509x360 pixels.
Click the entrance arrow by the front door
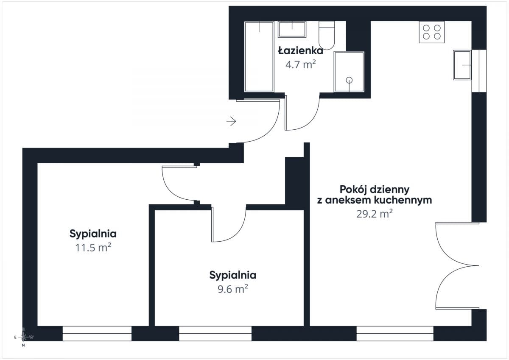tap(231, 122)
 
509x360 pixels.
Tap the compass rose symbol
tap(24, 337)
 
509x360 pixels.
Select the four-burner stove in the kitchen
tap(432, 32)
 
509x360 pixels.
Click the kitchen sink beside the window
tap(462, 65)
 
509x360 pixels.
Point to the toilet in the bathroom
tap(327, 36)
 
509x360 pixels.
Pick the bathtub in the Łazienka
tap(259, 56)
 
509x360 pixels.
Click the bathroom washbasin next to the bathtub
tap(292, 30)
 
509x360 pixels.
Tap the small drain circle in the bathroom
tap(349, 80)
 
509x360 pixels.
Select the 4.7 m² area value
tap(301, 65)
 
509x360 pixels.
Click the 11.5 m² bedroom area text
tap(93, 248)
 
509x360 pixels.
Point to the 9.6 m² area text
tap(232, 289)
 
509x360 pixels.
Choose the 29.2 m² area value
tap(374, 214)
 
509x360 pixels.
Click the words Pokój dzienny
tap(375, 189)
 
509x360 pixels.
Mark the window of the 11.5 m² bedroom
tap(97, 334)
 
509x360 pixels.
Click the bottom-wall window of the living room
tap(394, 334)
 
